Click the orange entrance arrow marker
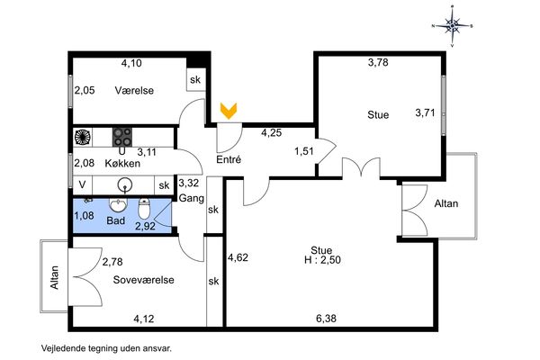pyautogui.click(x=229, y=111)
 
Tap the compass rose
pyautogui.click(x=452, y=25)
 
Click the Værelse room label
pyautogui.click(x=134, y=91)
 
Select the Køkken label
pyautogui.click(x=122, y=163)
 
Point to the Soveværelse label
pyautogui.click(x=144, y=280)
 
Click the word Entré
pyautogui.click(x=229, y=159)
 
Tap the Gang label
pyautogui.click(x=192, y=198)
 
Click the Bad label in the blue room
pyautogui.click(x=116, y=220)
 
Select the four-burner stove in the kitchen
pyautogui.click(x=122, y=137)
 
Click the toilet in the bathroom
pyautogui.click(x=144, y=209)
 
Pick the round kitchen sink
pyautogui.click(x=124, y=185)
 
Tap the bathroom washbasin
pyautogui.click(x=118, y=205)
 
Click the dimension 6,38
pyautogui.click(x=326, y=319)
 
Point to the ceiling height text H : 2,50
pyautogui.click(x=323, y=259)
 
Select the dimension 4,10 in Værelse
pyautogui.click(x=131, y=63)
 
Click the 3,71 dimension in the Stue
pyautogui.click(x=425, y=112)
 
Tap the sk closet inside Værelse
pyautogui.click(x=195, y=79)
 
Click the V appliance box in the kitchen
pyautogui.click(x=82, y=185)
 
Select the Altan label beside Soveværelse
pyautogui.click(x=54, y=277)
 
